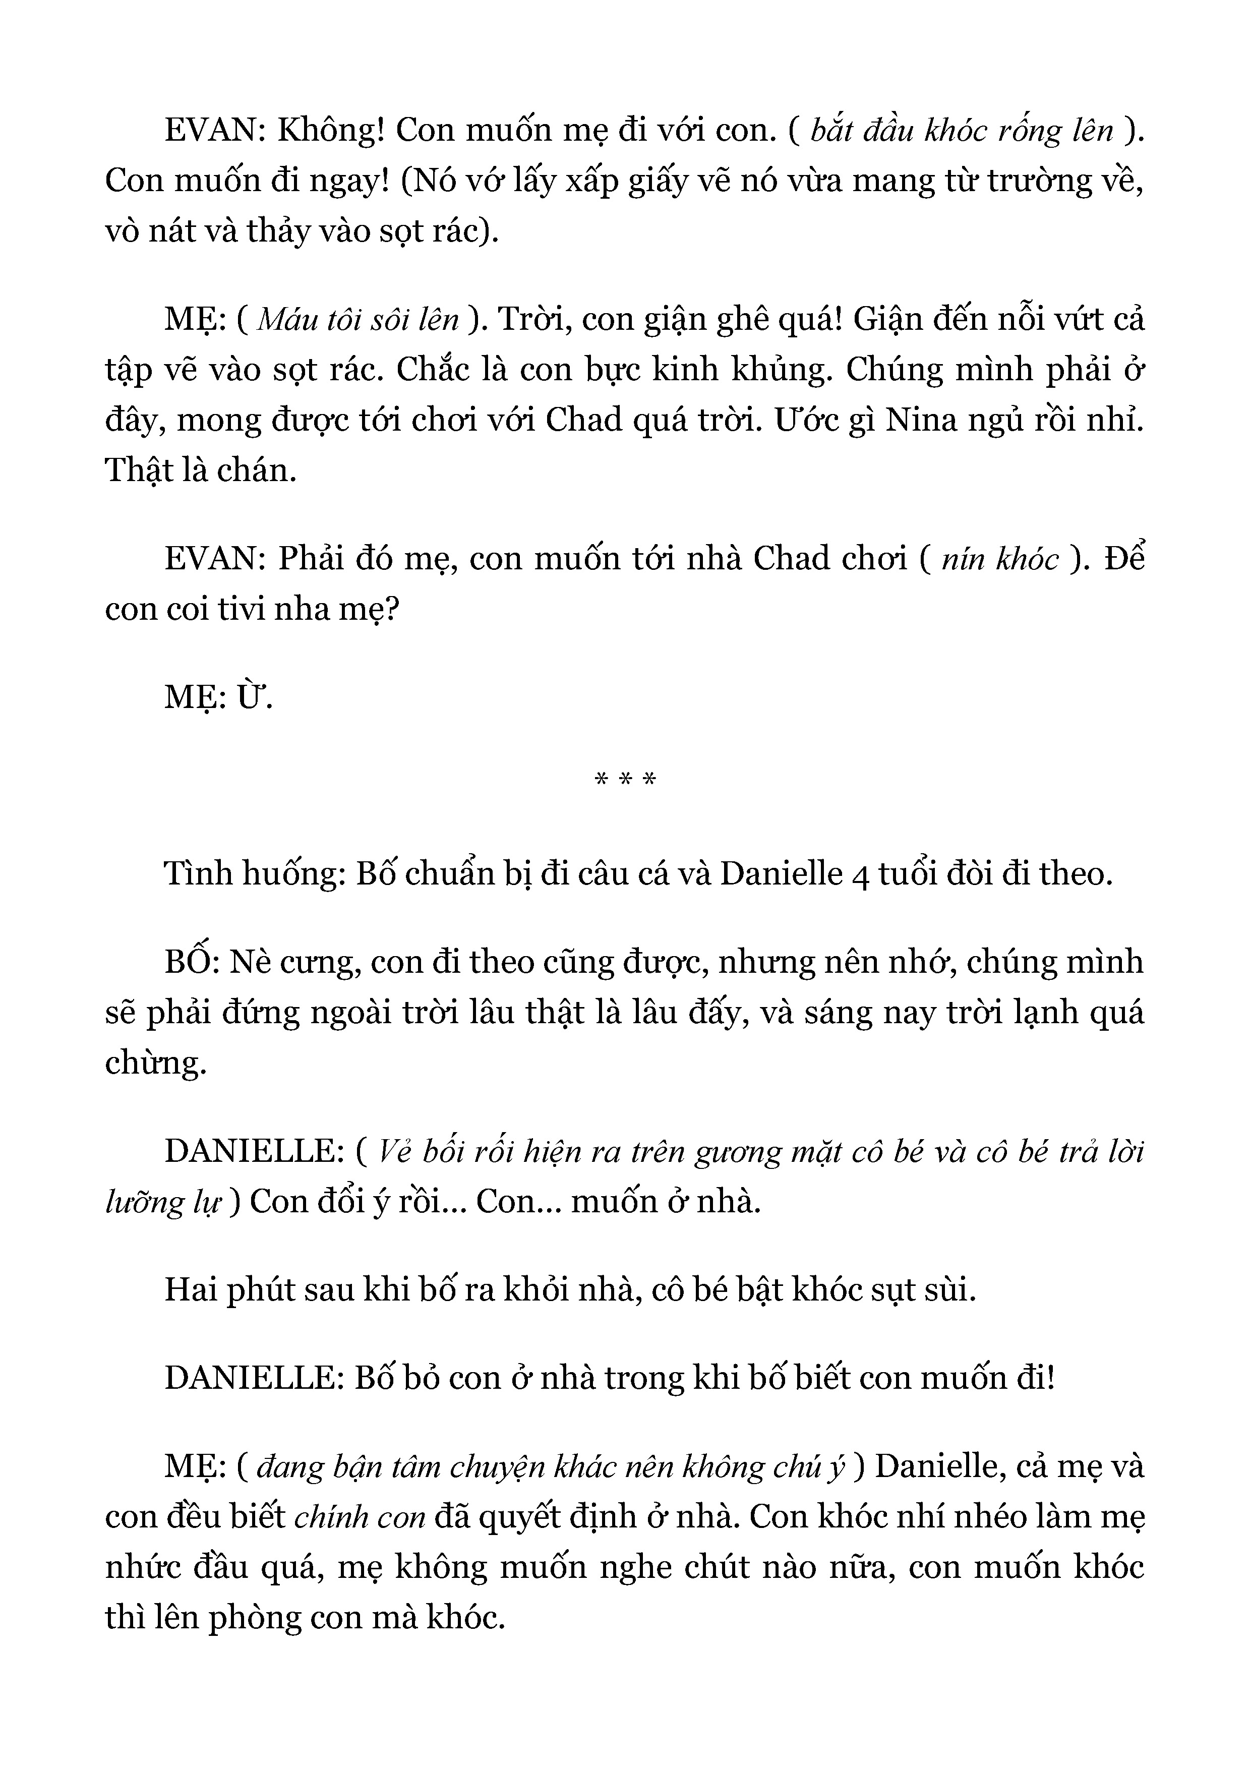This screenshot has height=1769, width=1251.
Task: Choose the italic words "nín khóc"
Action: point(1000,559)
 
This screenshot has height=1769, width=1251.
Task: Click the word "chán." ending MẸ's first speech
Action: point(257,470)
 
